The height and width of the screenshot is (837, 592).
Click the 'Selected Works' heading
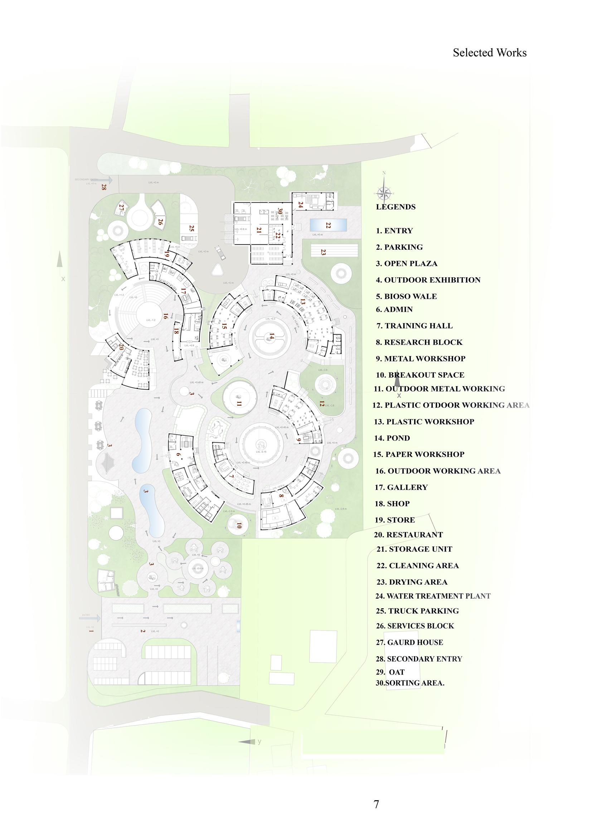pos(490,53)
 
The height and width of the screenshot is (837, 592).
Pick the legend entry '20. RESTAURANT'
pos(408,535)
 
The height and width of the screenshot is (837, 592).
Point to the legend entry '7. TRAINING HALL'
pos(414,326)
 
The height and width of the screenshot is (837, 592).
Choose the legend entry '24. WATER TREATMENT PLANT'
pos(433,596)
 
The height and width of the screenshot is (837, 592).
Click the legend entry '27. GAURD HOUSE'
pos(409,642)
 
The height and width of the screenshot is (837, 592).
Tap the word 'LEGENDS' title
pos(396,207)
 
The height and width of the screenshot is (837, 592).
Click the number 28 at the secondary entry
pos(104,188)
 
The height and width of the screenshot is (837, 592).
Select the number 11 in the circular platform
pos(239,404)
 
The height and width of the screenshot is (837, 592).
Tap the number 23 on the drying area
pos(323,252)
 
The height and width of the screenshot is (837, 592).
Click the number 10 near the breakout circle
pos(239,526)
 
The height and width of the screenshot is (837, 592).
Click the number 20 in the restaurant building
pos(121,347)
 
